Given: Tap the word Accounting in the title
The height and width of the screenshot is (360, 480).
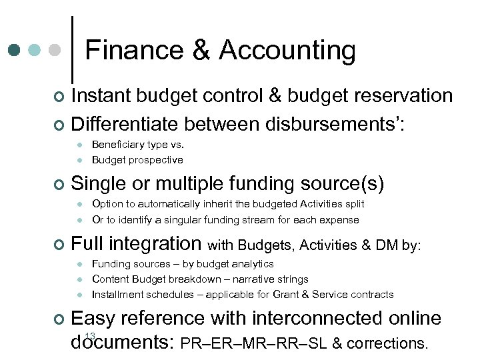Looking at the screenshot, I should tap(287, 50).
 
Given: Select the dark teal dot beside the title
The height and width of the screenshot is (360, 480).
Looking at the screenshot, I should tap(15, 50).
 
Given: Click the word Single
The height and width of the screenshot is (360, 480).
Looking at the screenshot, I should tap(99, 183).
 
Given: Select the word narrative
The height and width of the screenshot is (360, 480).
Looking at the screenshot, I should tap(256, 279).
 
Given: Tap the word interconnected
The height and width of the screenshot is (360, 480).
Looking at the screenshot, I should tap(314, 319).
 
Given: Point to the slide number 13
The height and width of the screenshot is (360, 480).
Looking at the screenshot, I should tap(91, 335).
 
